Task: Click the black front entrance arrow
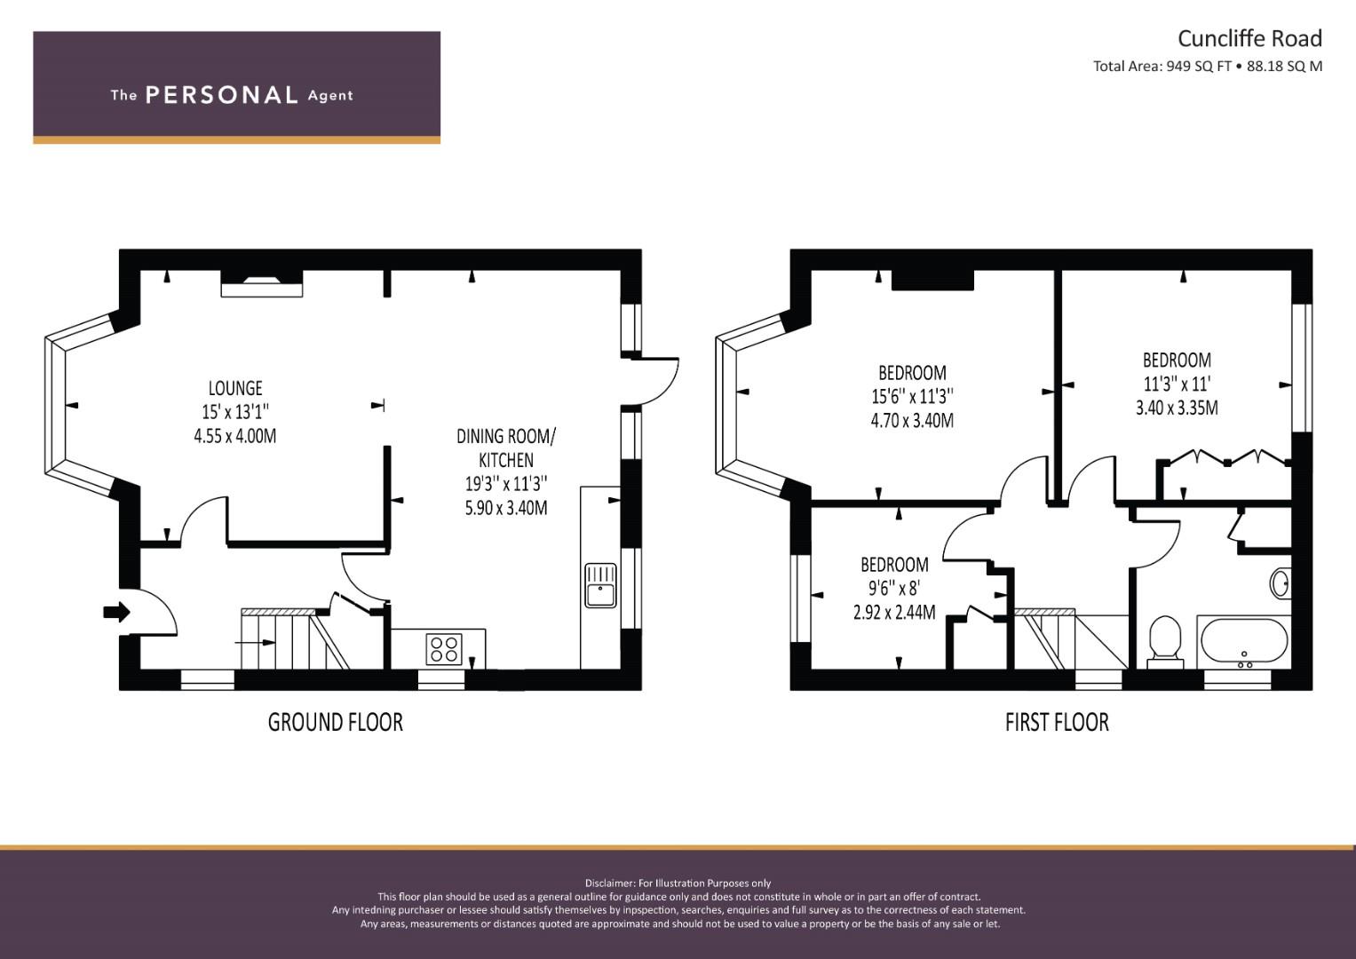117,612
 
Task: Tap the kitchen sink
600,585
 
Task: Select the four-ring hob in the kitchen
444,649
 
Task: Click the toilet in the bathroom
1165,642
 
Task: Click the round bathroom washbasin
1280,583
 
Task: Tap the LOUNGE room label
235,388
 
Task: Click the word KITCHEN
506,460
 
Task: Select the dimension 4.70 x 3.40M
912,420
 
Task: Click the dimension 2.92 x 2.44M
894,613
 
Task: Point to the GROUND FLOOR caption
336,722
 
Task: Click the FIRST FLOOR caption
1057,722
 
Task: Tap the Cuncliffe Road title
1249,39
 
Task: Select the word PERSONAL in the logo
222,95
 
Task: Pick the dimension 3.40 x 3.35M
1177,408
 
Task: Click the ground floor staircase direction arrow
256,642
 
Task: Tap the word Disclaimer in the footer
609,884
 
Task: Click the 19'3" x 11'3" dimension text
506,484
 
